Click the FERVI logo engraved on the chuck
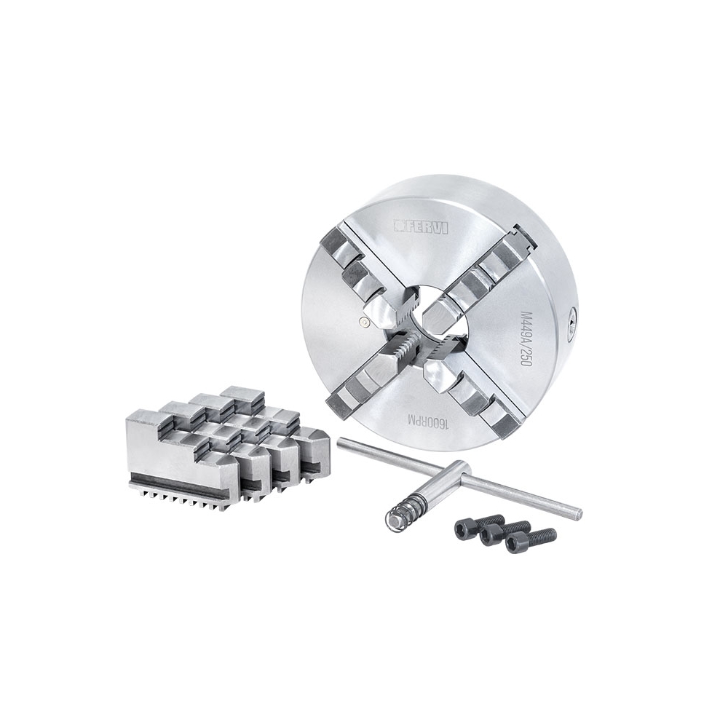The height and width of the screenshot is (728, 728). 421,226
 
